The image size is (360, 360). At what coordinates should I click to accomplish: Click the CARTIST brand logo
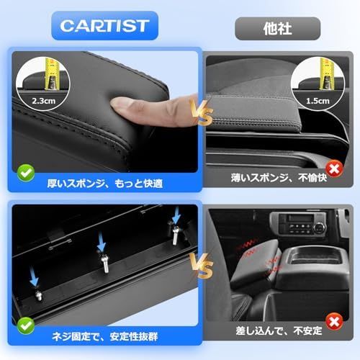tap(104, 26)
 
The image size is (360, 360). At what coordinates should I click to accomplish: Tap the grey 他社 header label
tap(277, 29)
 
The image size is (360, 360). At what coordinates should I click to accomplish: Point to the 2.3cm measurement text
tap(44, 101)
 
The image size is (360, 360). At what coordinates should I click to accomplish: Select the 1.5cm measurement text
tap(318, 101)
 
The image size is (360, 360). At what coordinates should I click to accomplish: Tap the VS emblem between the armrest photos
tap(201, 112)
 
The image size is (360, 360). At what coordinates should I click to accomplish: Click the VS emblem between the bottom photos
tap(201, 266)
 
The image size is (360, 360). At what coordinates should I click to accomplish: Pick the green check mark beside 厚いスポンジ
tap(26, 173)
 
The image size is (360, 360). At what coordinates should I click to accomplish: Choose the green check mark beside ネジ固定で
tap(26, 325)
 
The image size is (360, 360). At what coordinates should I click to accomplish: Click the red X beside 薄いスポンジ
tap(335, 168)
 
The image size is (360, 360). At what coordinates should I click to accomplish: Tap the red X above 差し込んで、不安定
tap(335, 322)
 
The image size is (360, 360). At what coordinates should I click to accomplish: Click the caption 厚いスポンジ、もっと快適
tap(105, 184)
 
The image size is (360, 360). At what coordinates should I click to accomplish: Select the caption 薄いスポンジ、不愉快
tap(279, 178)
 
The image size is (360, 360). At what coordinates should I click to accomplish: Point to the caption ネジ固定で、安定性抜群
tap(105, 336)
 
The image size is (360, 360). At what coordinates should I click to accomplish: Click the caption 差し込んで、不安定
tap(279, 330)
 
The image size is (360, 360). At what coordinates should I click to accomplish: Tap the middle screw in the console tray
tap(105, 262)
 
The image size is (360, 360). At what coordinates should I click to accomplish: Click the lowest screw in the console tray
tap(38, 295)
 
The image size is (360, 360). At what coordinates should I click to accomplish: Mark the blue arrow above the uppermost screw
tap(176, 215)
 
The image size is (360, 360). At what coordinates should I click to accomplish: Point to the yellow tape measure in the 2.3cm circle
tap(51, 74)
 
